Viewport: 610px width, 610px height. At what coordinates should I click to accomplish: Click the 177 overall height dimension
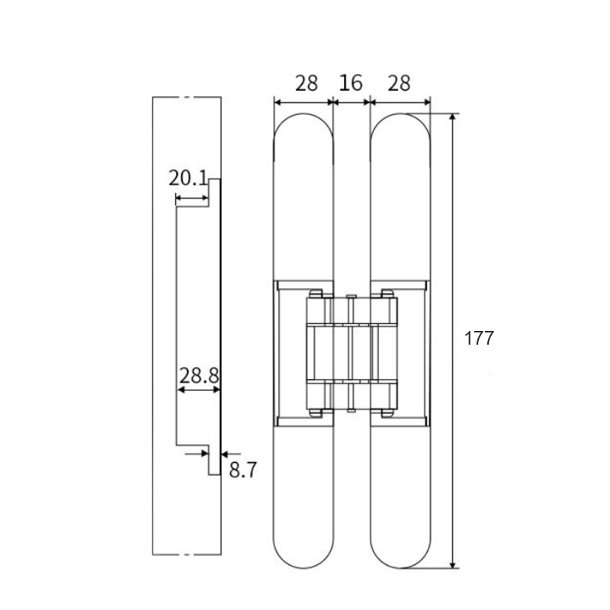tap(480, 339)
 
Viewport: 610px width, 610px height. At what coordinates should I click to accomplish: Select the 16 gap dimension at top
tap(351, 83)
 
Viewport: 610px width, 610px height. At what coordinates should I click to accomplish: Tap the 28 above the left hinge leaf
tap(306, 83)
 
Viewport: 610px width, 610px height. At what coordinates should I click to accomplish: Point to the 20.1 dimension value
tap(188, 179)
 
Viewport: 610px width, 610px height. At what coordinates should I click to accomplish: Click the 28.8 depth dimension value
tap(199, 374)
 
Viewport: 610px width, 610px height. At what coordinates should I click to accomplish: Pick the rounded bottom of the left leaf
tap(303, 566)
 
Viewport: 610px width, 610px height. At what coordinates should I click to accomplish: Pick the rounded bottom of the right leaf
tap(400, 566)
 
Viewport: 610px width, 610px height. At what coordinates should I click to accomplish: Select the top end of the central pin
tap(351, 297)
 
